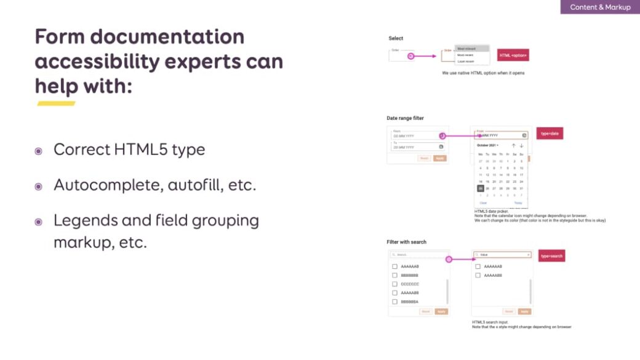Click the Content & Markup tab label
coord(600,7)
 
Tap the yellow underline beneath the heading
coord(56,103)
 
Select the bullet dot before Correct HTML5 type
coord(39,151)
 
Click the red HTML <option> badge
coord(513,55)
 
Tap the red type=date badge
coord(550,134)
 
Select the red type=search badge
coord(551,256)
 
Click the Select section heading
coord(396,38)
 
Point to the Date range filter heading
coord(405,118)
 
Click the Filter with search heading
coord(406,242)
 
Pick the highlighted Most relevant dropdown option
coord(472,48)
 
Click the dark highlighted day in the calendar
coord(481,188)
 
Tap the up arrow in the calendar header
coord(514,145)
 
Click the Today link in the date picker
coord(518,202)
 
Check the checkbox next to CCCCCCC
coord(394,284)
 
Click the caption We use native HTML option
coord(483,73)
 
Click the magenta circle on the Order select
coord(410,56)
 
